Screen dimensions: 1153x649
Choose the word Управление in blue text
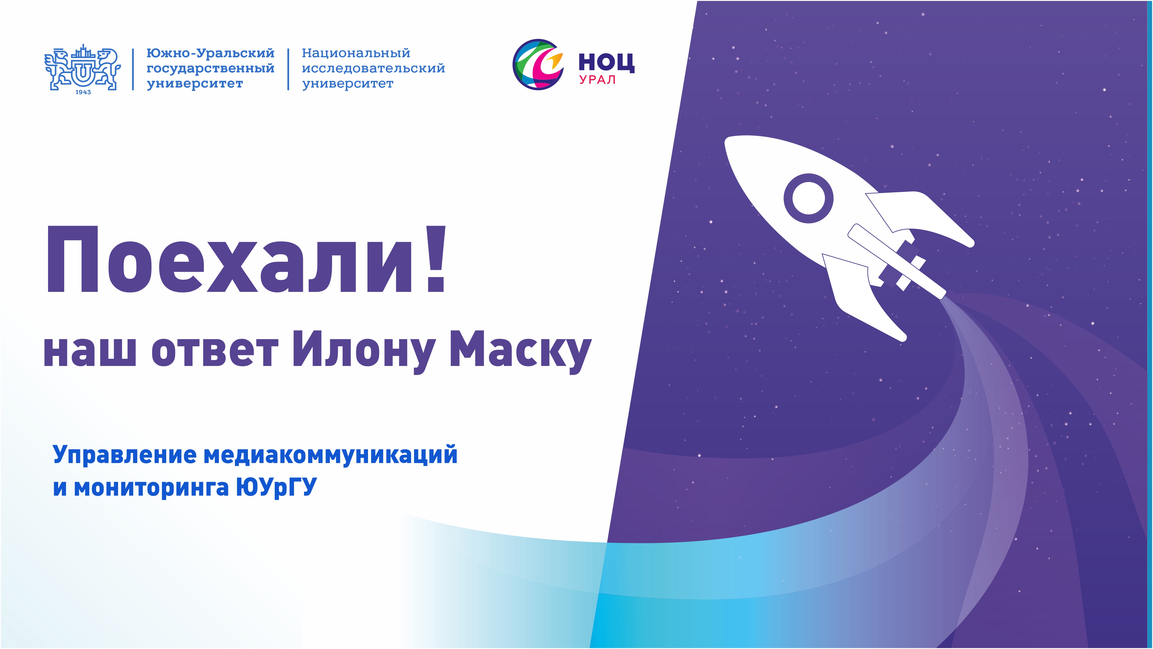pyautogui.click(x=124, y=456)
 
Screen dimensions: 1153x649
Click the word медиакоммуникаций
pyautogui.click(x=330, y=456)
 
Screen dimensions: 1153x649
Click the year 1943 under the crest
pyautogui.click(x=83, y=92)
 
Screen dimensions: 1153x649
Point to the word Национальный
pyautogui.click(x=356, y=53)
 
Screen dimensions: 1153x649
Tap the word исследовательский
pyautogui.click(x=373, y=69)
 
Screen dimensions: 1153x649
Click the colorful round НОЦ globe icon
pyautogui.click(x=538, y=64)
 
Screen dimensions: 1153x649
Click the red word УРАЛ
pyautogui.click(x=598, y=80)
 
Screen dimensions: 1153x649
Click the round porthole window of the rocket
pyautogui.click(x=808, y=198)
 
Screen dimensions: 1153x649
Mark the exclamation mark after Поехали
pyautogui.click(x=435, y=260)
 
